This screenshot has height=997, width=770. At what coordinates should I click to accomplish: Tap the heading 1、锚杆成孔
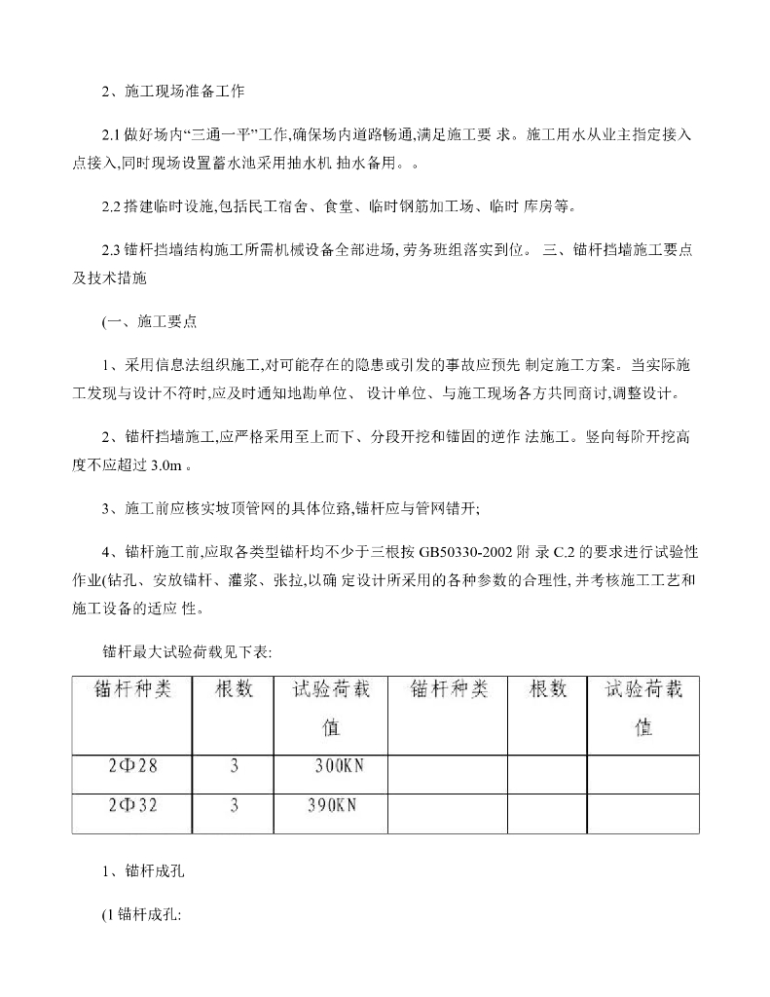[143, 873]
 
